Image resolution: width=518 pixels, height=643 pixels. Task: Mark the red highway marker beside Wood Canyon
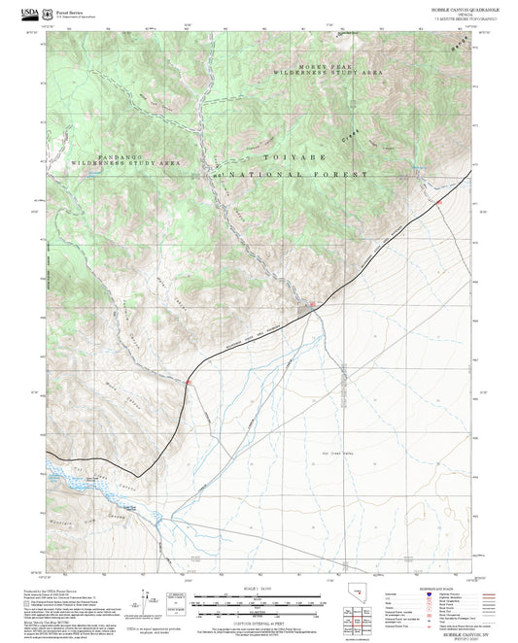coord(189,383)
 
